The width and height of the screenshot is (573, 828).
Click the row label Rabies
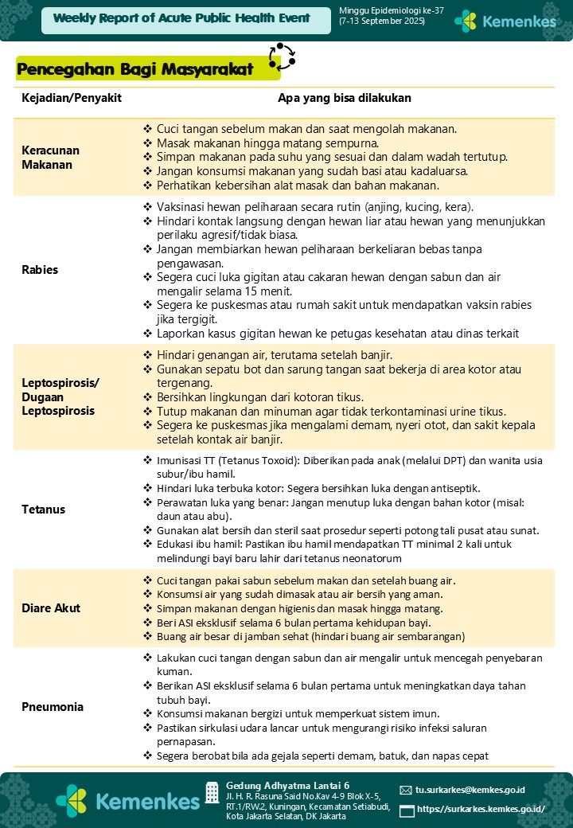click(40, 270)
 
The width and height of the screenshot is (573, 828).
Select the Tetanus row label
click(44, 510)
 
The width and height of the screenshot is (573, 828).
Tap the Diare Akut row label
click(51, 608)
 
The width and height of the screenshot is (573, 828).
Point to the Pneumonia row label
click(53, 707)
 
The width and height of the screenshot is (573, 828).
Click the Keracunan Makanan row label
click(50, 158)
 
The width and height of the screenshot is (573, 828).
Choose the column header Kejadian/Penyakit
click(71, 99)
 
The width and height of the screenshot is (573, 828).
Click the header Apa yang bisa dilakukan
click(344, 99)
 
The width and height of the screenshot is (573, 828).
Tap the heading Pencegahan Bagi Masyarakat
click(135, 70)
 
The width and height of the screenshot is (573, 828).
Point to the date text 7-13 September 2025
click(382, 21)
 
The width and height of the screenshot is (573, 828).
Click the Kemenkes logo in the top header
click(505, 21)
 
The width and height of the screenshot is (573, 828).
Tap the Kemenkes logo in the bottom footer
click(127, 799)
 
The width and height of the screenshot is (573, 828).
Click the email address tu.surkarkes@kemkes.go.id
click(470, 790)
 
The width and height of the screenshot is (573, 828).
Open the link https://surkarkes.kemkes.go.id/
click(481, 810)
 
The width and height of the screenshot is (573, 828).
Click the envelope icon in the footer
click(406, 791)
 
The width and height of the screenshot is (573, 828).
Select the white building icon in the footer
click(212, 792)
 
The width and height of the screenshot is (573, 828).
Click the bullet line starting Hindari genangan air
click(274, 354)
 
